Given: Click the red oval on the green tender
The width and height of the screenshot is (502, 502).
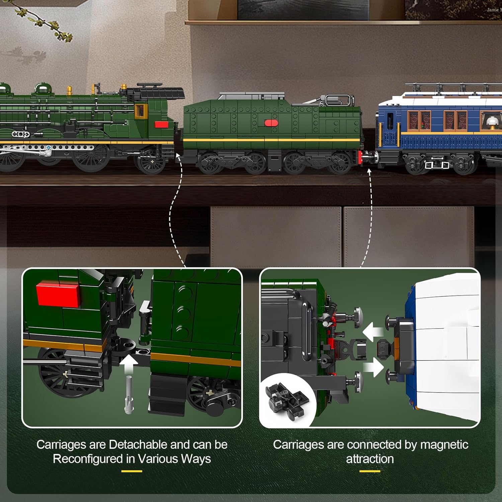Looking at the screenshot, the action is pos(271,123).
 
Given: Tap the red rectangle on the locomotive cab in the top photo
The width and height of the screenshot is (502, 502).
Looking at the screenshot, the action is pos(162,124).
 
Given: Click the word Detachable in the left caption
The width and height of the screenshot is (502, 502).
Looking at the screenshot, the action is pos(138,444).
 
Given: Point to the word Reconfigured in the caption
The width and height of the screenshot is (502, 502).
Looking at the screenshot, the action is pos(88,459).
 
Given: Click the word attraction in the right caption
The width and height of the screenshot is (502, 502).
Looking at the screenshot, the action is pos(370,459).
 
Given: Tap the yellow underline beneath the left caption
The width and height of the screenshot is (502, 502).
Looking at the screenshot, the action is pos(132,471).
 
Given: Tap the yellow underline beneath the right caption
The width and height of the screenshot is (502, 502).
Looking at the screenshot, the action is pos(370,471).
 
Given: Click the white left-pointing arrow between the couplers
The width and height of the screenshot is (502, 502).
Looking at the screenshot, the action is pos(373,332).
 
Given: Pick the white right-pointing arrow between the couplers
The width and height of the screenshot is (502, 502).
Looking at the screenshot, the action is pos(373,367).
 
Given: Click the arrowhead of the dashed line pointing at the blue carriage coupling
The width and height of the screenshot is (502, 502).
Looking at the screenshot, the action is pos(369,171).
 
